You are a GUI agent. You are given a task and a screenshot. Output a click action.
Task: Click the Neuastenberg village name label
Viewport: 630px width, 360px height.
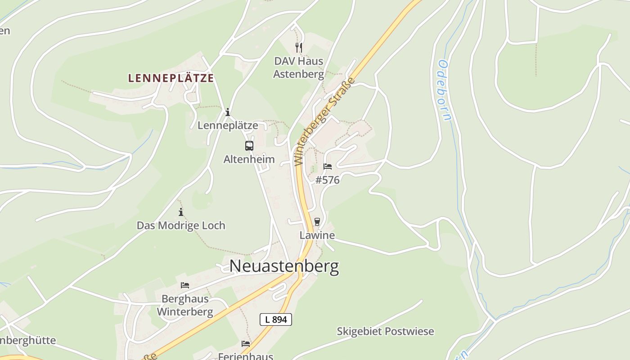click(284, 266)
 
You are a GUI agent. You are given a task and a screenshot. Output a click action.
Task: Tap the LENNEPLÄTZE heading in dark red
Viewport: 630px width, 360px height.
click(171, 78)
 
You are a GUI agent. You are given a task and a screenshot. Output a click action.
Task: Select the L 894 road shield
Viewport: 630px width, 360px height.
click(276, 319)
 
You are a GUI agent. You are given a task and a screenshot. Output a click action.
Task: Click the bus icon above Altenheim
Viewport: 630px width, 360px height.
click(249, 146)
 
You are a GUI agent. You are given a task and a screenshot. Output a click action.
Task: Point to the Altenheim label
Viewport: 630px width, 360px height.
click(249, 159)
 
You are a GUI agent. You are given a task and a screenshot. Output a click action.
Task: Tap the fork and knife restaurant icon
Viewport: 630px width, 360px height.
click(298, 47)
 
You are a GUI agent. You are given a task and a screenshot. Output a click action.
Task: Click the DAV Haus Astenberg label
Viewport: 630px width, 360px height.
click(298, 67)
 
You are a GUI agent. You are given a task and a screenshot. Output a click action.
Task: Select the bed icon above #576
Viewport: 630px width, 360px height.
click(328, 166)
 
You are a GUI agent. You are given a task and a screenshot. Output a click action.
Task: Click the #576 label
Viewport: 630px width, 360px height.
click(328, 180)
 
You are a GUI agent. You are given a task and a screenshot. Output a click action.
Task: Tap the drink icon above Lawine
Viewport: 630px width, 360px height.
click(317, 221)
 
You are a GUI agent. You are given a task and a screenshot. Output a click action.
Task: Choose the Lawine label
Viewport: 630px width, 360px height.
click(317, 235)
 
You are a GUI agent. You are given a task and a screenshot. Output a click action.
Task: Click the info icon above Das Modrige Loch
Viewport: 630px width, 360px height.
click(181, 212)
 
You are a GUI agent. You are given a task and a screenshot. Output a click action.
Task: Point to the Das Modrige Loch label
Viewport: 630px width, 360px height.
click(181, 225)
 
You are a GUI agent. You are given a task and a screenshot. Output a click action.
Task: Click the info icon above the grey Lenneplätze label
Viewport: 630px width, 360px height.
click(228, 112)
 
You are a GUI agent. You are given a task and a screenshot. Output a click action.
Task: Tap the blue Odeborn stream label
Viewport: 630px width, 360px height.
click(444, 90)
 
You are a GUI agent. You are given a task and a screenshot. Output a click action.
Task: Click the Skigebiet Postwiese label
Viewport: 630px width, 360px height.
click(385, 332)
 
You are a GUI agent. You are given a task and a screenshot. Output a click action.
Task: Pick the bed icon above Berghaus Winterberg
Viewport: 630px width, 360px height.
click(184, 285)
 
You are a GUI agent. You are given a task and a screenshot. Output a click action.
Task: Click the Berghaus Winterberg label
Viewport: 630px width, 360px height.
click(184, 305)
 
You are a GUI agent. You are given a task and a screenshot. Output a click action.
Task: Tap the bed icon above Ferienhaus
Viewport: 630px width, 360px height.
click(246, 344)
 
